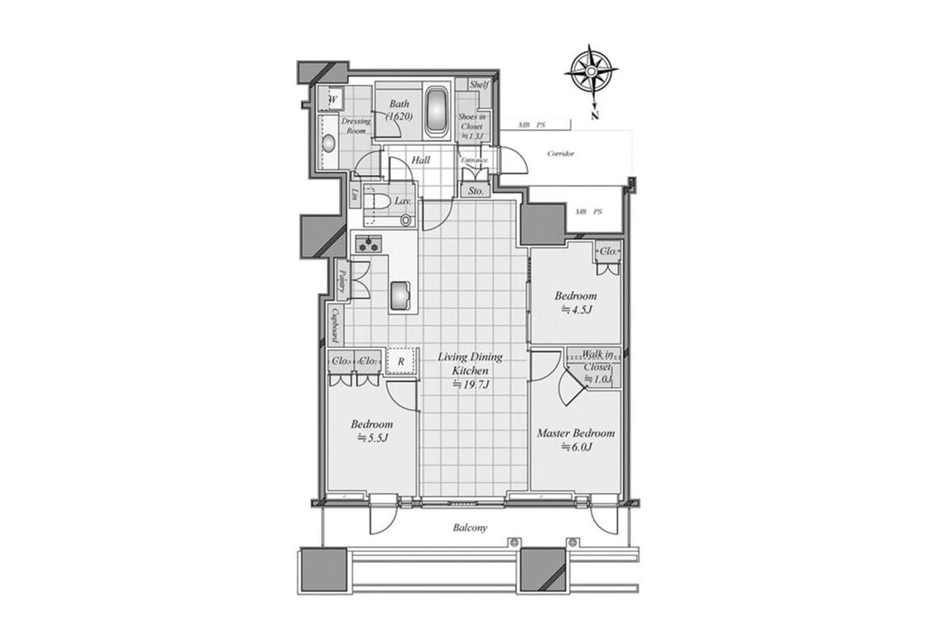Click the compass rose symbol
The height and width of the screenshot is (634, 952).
[592, 72]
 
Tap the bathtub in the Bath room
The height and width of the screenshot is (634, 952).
[437, 112]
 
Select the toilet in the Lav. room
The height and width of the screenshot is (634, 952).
[378, 202]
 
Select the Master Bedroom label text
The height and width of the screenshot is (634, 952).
[575, 433]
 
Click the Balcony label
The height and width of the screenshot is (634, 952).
[470, 527]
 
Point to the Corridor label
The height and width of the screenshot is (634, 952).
[561, 154]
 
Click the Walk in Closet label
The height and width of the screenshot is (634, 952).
[597, 361]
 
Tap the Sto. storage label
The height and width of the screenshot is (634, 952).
[475, 191]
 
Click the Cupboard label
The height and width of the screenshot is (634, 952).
[336, 324]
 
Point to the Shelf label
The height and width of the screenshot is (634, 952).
[479, 85]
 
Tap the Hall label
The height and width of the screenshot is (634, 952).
[420, 160]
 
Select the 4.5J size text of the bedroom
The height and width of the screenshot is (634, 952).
[577, 309]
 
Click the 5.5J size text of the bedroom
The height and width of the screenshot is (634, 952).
[371, 437]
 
